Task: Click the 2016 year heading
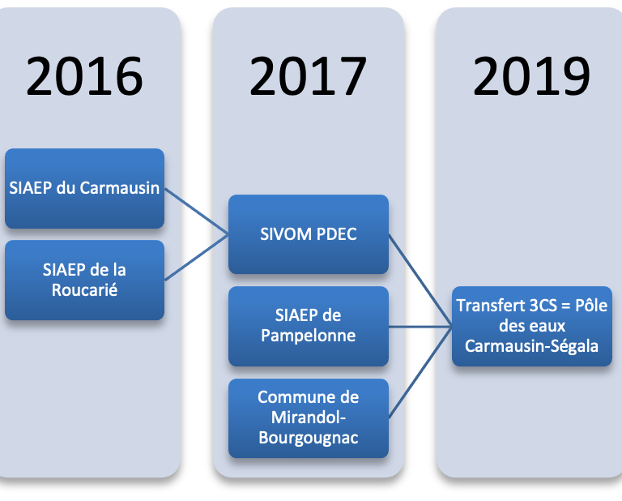[x=84, y=76]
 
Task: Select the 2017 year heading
[x=308, y=76]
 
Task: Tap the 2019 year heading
[x=531, y=76]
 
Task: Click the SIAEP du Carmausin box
[x=84, y=188]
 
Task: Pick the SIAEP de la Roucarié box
[x=84, y=280]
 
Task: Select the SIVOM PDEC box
[x=309, y=234]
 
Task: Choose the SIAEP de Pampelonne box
[x=309, y=326]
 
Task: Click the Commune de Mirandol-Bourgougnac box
[x=309, y=418]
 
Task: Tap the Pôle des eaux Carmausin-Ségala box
[x=532, y=326]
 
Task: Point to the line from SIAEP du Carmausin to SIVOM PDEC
[x=196, y=212]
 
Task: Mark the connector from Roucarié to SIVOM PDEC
[x=196, y=257]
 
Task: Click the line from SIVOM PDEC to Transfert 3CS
[x=420, y=280]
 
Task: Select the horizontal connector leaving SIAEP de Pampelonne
[x=420, y=327]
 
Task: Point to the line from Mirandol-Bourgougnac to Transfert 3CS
[x=420, y=372]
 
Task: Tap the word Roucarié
[x=84, y=289]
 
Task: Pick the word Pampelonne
[x=309, y=336]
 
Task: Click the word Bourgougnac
[x=309, y=438]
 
